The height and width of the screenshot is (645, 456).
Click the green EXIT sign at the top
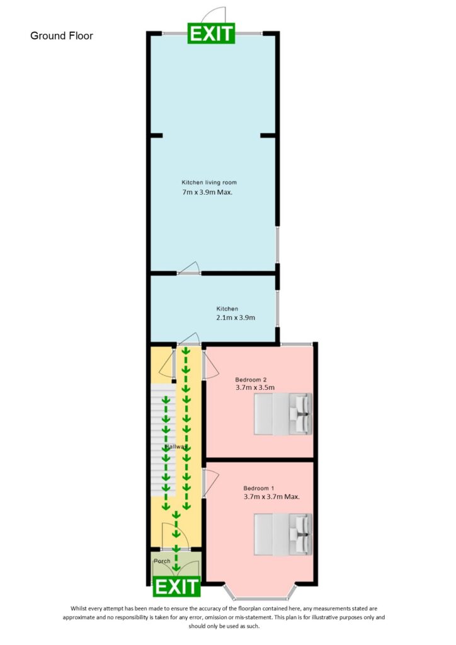point(211,33)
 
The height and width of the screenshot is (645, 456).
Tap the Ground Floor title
point(62,36)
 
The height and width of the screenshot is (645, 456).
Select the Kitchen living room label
point(209,183)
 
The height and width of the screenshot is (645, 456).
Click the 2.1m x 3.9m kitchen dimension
point(235,317)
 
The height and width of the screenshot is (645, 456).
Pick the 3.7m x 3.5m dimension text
point(255,388)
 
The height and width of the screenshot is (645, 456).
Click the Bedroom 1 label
point(259,488)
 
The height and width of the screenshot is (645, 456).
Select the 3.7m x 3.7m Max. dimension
point(271,497)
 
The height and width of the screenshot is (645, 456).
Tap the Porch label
point(162,561)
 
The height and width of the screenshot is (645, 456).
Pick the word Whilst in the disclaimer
point(80,608)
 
